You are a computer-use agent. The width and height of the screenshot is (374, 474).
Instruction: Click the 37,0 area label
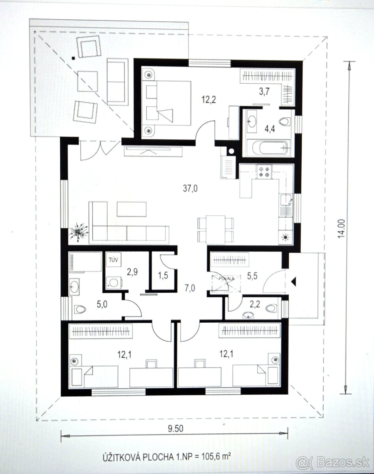[x=190, y=189]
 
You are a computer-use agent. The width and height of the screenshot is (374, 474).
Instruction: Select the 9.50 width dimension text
[x=174, y=428]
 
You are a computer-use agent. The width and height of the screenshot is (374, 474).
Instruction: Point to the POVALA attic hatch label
[x=226, y=278]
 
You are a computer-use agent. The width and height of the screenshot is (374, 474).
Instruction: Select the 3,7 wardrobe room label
[x=264, y=92]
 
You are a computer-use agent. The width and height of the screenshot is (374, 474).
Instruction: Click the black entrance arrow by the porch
[x=293, y=281]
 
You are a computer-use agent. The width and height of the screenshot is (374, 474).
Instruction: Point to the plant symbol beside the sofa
[x=79, y=232]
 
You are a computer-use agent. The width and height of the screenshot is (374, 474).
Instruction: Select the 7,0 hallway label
[x=190, y=288]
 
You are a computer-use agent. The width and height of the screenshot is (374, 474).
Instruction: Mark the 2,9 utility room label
[x=132, y=271]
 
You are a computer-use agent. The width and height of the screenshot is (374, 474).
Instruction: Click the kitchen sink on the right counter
[x=285, y=201]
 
